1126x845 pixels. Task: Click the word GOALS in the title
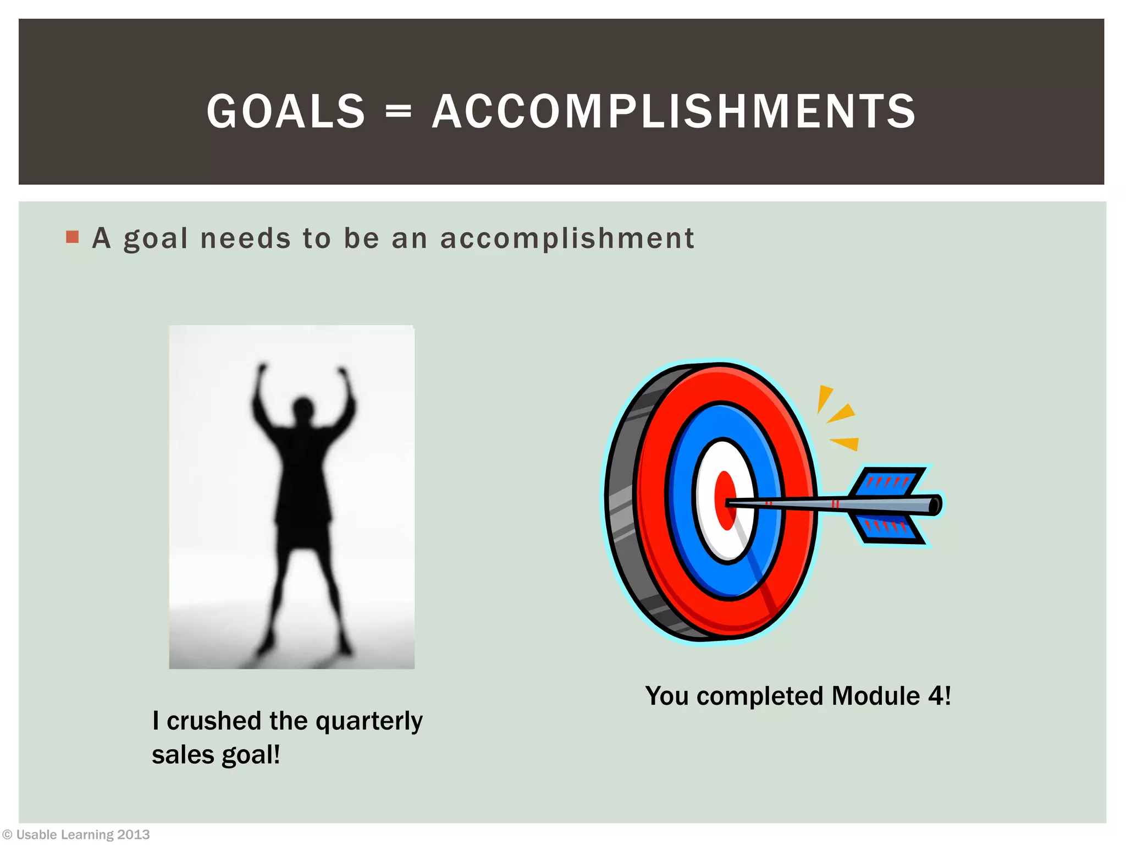click(x=286, y=112)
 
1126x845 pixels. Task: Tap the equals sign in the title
click(x=398, y=112)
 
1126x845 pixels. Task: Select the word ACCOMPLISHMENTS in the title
click(x=674, y=112)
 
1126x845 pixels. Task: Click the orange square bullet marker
click(x=72, y=237)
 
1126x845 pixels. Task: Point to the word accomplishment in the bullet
click(x=567, y=239)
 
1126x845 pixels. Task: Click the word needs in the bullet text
click(x=245, y=239)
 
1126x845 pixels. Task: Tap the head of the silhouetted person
click(x=303, y=410)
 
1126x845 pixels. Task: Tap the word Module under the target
click(x=875, y=696)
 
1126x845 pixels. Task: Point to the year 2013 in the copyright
click(x=133, y=835)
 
